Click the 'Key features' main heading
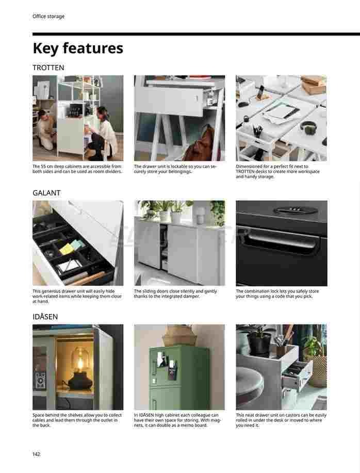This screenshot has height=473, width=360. point(78,48)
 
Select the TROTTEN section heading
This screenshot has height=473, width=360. point(48,68)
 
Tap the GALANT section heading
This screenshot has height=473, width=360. point(46,193)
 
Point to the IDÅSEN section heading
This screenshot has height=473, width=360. point(45,316)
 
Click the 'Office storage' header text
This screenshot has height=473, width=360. point(48,17)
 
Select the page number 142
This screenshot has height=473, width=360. point(36,454)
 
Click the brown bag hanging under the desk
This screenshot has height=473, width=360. point(199,144)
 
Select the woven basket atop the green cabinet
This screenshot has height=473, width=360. point(180,335)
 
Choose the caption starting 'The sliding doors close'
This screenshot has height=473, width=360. point(175,294)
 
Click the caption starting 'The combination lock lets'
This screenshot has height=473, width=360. point(277,294)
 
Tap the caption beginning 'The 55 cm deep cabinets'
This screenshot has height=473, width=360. point(77,169)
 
